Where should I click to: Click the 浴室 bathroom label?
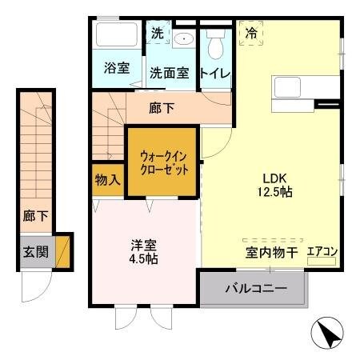pyautogui.click(x=117, y=69)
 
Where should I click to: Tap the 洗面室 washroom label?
pyautogui.click(x=169, y=73)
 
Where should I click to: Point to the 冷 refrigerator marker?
pyautogui.click(x=251, y=34)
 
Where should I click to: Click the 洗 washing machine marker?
pyautogui.click(x=157, y=34)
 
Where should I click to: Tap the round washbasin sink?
pyautogui.click(x=183, y=38)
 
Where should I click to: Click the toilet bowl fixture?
pyautogui.click(x=214, y=45)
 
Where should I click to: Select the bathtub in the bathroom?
pyautogui.click(x=117, y=37)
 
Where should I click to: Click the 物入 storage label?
pyautogui.click(x=107, y=179)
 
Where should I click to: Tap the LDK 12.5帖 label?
pyautogui.click(x=273, y=186)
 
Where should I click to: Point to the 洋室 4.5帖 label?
pyautogui.click(x=145, y=252)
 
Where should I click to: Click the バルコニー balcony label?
pyautogui.click(x=255, y=288)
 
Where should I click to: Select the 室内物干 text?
pyautogui.click(x=272, y=253)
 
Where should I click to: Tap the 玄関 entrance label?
pyautogui.click(x=34, y=251)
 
